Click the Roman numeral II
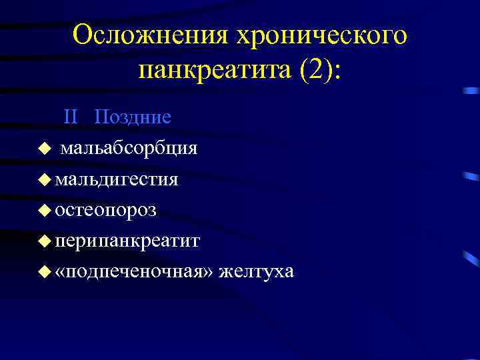71,117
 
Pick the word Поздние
133,117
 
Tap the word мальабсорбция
129,148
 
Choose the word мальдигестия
117,179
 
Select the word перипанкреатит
127,241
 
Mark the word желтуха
256,272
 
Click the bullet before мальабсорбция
44,149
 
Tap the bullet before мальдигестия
44,179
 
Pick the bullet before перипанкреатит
44,241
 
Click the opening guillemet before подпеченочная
61,273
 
